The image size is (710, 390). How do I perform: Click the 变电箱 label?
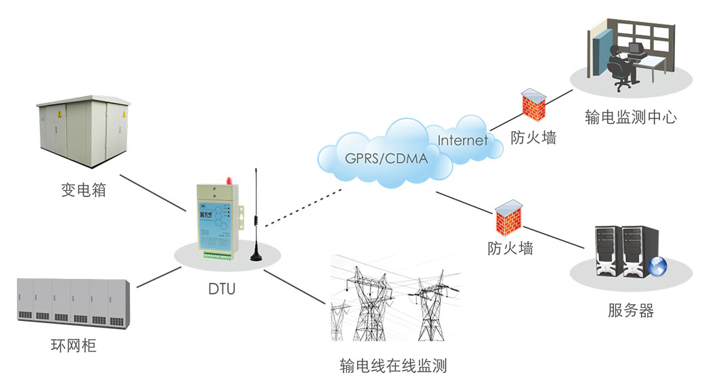click(x=84, y=190)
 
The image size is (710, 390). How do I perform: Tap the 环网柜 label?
click(x=74, y=346)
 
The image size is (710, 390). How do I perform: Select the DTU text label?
click(x=223, y=290)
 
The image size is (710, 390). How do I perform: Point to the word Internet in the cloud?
click(x=463, y=141)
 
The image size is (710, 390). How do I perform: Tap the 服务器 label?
click(x=631, y=311)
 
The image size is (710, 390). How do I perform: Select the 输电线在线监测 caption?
click(x=394, y=367)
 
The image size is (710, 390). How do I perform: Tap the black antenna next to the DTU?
click(x=256, y=217)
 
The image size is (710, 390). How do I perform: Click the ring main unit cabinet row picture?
click(x=72, y=302)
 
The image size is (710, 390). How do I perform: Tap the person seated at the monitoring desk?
click(x=619, y=64)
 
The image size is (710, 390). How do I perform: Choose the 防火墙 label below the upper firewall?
click(x=534, y=138)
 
